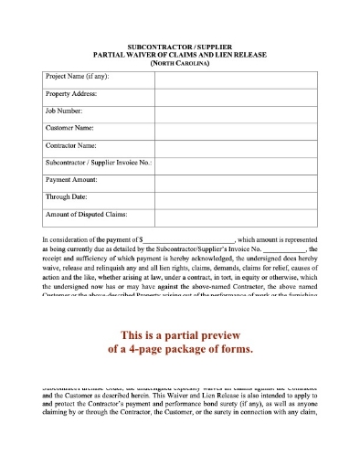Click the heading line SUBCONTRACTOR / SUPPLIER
pyautogui.click(x=179, y=45)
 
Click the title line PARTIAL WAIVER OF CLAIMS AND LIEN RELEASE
pyautogui.click(x=179, y=53)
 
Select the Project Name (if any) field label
pyautogui.click(x=76, y=77)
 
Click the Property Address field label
pyautogui.click(x=70, y=94)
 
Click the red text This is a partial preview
pyautogui.click(x=179, y=333)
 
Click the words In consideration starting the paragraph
pyautogui.click(x=68, y=238)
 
